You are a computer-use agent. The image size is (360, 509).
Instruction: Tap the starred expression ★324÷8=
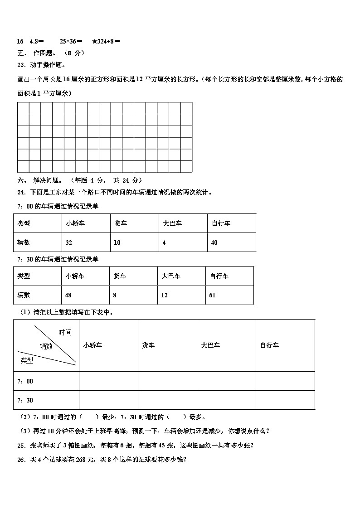pos(106,42)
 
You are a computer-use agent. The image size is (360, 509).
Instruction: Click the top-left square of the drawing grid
pos(24,108)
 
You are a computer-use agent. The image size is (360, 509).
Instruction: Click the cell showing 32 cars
pos(69,242)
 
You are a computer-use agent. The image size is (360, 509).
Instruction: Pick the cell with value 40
pos(214,242)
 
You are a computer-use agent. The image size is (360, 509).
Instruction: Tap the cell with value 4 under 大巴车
pos(164,242)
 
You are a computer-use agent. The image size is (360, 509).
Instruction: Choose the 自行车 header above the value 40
pos(221,223)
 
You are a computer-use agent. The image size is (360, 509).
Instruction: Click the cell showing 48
pos(69,295)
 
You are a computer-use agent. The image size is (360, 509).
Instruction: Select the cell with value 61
pos(212,295)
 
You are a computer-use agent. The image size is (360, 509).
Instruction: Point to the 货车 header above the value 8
pos(120,276)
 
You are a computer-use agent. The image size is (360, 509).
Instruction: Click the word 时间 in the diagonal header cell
pos(65,332)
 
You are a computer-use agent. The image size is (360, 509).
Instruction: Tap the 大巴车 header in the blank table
pos(210,345)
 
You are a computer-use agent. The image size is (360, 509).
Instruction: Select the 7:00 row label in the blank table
pos(25,381)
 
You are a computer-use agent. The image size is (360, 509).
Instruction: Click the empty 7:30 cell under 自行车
pos(285,400)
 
